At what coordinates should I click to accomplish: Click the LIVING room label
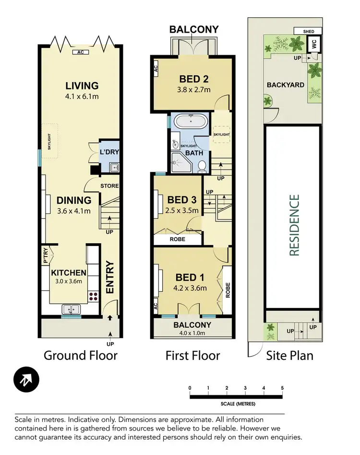(82, 86)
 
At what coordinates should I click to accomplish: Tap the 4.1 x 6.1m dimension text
(82, 97)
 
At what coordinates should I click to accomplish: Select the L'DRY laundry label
(109, 152)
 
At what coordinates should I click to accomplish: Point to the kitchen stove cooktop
(93, 296)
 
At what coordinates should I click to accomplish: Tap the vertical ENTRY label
(109, 277)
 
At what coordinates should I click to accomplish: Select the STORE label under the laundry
(109, 186)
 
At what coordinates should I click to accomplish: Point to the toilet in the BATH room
(202, 166)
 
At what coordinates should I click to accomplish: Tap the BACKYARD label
(286, 85)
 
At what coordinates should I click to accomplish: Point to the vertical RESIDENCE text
(294, 225)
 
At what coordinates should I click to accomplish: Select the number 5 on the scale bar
(282, 388)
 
